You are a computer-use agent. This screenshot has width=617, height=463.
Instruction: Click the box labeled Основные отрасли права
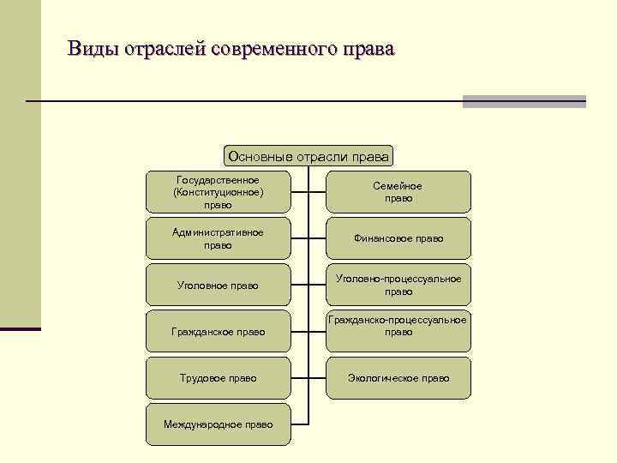click(x=308, y=156)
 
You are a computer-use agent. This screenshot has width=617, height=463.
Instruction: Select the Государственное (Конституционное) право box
click(x=218, y=192)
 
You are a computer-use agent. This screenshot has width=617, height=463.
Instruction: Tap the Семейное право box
click(x=398, y=192)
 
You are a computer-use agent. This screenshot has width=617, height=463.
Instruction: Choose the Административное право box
click(x=218, y=238)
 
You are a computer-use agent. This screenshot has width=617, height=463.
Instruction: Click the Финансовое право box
click(x=398, y=238)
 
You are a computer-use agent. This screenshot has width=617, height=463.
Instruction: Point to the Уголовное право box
click(x=218, y=285)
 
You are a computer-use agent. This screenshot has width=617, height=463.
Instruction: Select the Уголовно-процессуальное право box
click(x=398, y=285)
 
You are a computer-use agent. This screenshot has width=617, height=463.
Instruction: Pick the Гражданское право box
click(x=218, y=331)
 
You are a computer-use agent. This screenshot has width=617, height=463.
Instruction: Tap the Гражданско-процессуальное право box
click(x=398, y=331)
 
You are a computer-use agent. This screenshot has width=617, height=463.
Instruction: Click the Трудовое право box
click(x=218, y=377)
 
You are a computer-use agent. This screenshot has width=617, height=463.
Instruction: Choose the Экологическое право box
click(x=398, y=377)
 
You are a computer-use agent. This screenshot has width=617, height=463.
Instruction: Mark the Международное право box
click(x=218, y=424)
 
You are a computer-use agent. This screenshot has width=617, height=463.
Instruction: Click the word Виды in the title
click(x=93, y=48)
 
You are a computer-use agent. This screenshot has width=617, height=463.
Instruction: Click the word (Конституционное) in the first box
click(x=218, y=192)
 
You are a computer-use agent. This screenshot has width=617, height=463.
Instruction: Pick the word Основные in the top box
click(x=260, y=156)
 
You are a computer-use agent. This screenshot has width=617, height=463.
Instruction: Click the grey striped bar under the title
click(x=524, y=101)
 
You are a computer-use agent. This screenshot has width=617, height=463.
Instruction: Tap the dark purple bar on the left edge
click(x=20, y=328)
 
